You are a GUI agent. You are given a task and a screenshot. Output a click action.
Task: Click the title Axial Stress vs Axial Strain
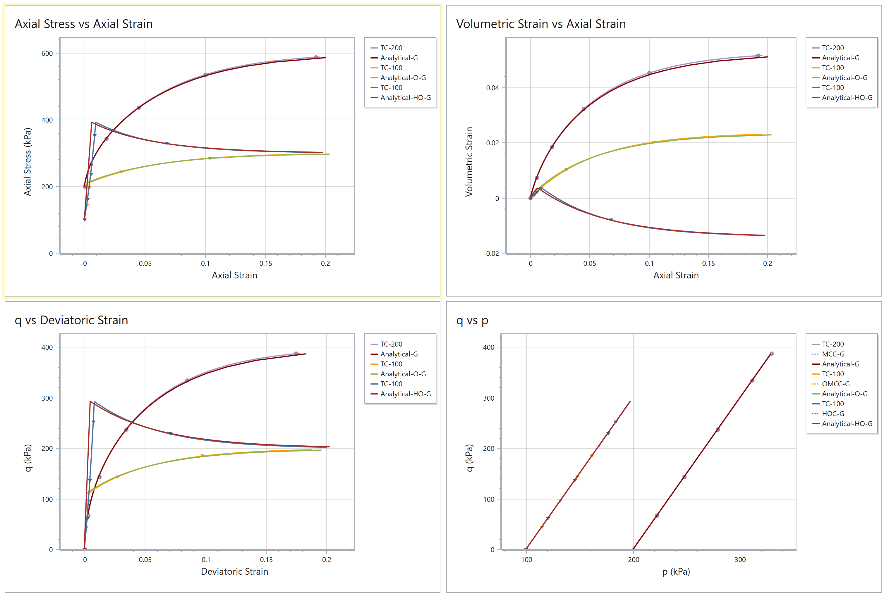(84, 24)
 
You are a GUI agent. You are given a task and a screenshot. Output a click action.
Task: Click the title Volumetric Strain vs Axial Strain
(541, 24)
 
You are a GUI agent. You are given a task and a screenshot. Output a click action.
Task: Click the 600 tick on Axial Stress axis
(47, 54)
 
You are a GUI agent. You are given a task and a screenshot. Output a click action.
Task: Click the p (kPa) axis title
(676, 571)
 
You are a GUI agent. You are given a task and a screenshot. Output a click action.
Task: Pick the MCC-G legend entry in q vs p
(833, 354)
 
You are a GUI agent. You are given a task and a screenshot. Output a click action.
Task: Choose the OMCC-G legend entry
(835, 384)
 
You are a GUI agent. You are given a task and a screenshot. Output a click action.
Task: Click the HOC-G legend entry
(833, 414)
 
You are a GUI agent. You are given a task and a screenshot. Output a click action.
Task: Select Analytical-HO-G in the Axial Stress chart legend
(405, 98)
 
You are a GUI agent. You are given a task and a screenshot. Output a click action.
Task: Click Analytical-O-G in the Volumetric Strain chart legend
(845, 77)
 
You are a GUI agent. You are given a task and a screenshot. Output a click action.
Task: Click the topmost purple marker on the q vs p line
(771, 354)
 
